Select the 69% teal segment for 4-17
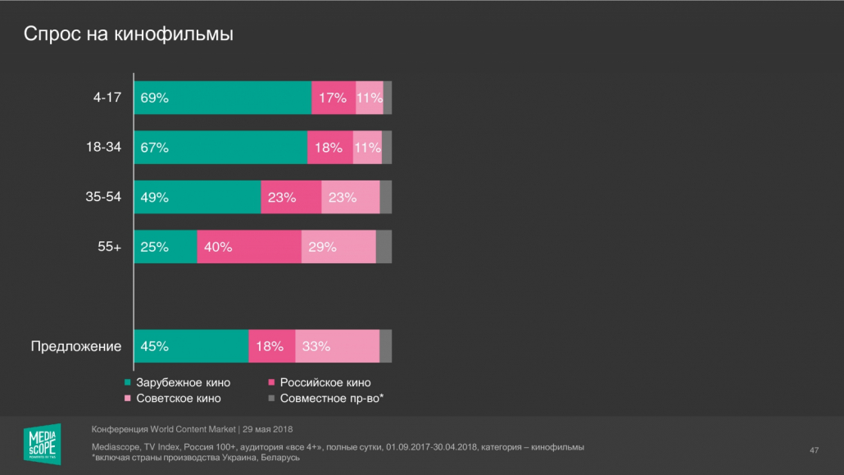223,98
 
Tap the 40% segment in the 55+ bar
249,247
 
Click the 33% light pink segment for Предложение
337,346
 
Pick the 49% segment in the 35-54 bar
197,197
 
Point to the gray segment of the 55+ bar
383,247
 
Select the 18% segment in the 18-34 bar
330,148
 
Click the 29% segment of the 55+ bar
338,247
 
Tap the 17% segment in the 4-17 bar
334,98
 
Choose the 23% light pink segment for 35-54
351,197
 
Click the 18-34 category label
103,148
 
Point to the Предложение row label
76,346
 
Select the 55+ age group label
110,247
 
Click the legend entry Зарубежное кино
182,382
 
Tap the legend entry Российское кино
324,382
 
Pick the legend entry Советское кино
177,399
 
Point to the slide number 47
815,450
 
